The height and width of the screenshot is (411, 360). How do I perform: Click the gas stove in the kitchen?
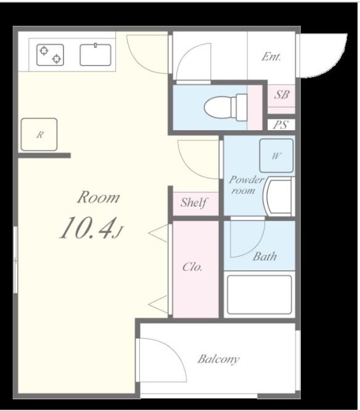(x=50, y=55)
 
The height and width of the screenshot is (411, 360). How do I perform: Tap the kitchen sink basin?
(x=96, y=55)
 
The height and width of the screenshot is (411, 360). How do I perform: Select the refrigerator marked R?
(x=39, y=135)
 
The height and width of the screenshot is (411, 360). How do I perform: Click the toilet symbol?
(x=226, y=107)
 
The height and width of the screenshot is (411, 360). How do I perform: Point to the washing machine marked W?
(x=276, y=156)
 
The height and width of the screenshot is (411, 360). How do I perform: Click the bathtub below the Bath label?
(x=259, y=294)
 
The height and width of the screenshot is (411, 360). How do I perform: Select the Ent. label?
(x=271, y=57)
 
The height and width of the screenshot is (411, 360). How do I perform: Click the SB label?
(x=282, y=94)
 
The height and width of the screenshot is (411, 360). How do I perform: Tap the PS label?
(x=280, y=125)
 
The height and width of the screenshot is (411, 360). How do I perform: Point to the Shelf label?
(x=194, y=202)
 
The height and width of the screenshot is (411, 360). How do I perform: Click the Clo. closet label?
(x=192, y=267)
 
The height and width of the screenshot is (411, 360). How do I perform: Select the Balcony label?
(x=218, y=359)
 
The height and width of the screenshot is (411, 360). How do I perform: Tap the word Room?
(x=99, y=197)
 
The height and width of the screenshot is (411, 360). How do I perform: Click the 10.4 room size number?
(x=88, y=228)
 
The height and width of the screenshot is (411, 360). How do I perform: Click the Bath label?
(x=264, y=256)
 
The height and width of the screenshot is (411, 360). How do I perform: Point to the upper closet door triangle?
(x=158, y=233)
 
